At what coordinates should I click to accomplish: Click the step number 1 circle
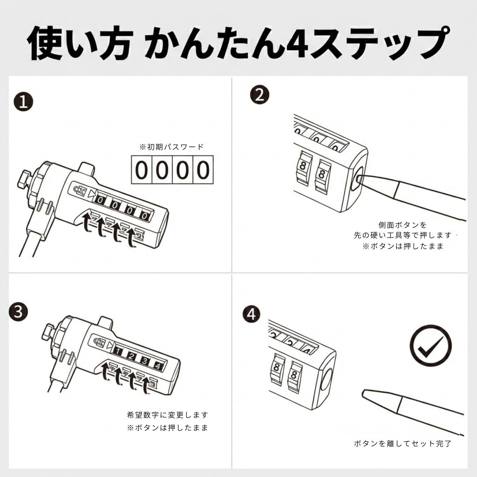click(23, 102)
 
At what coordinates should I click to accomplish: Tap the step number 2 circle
click(260, 95)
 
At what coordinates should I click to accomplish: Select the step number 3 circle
click(18, 312)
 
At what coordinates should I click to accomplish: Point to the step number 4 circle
click(252, 314)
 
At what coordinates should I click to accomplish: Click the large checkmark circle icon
click(430, 346)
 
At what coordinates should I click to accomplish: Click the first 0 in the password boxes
click(142, 170)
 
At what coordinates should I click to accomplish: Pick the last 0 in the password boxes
click(203, 170)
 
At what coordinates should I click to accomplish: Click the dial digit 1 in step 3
click(118, 352)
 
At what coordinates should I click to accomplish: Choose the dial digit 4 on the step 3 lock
click(158, 366)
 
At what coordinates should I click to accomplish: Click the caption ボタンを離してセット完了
click(402, 444)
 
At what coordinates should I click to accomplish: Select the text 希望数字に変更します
click(168, 415)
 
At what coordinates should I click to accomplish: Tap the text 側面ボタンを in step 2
click(402, 225)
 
